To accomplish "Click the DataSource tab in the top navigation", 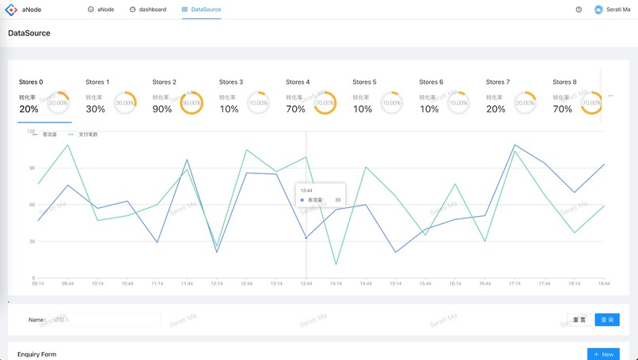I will [x=202, y=9].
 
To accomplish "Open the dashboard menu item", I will [x=148, y=9].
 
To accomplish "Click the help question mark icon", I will [x=579, y=9].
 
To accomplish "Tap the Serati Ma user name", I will [x=618, y=9].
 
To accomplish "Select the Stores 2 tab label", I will [x=164, y=82].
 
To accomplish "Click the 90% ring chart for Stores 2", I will [x=192, y=103].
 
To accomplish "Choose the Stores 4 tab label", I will [x=298, y=82].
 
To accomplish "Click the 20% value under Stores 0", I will [x=28, y=109].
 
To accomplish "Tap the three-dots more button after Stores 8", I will [x=610, y=96].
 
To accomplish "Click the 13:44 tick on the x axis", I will [x=306, y=283].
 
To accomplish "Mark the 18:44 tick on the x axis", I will [x=603, y=283].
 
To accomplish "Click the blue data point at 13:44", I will [x=306, y=238].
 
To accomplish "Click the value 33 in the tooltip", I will [x=337, y=200].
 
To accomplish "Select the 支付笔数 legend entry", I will [x=88, y=135].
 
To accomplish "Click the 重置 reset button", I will [x=578, y=320].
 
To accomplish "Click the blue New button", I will [x=603, y=354].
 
